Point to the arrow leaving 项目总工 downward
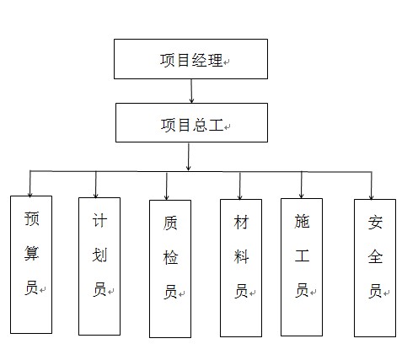click(188, 157)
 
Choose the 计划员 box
click(99, 266)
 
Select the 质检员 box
click(169, 269)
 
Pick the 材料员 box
click(240, 267)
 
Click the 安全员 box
click(375, 268)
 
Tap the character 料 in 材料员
click(240, 257)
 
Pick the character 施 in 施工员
click(302, 222)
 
